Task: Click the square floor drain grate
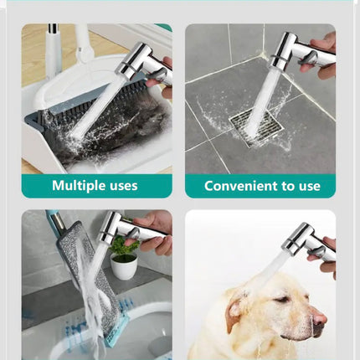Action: (256, 127)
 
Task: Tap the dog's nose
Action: (319, 318)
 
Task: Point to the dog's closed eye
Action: (280, 300)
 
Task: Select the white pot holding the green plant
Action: (124, 265)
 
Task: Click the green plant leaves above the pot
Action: (123, 245)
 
